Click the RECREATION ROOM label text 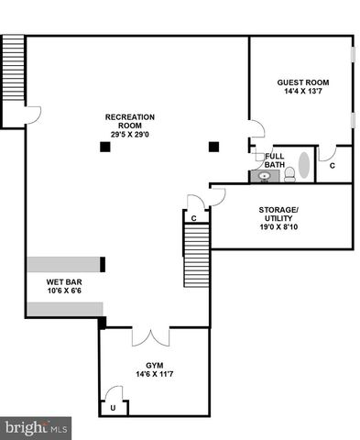pyautogui.click(x=129, y=122)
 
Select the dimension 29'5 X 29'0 pyautogui.click(x=129, y=136)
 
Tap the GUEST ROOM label pyautogui.click(x=302, y=82)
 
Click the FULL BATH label pyautogui.click(x=274, y=160)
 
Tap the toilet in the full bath pyautogui.click(x=289, y=172)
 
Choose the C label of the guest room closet pyautogui.click(x=332, y=166)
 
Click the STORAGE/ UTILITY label pyautogui.click(x=278, y=214)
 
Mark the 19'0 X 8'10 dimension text pyautogui.click(x=278, y=226)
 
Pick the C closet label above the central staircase pyautogui.click(x=194, y=218)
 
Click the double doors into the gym pyautogui.click(x=150, y=337)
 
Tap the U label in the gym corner pyautogui.click(x=113, y=406)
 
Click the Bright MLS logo pyautogui.click(x=36, y=427)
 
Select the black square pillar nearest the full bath pyautogui.click(x=213, y=145)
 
